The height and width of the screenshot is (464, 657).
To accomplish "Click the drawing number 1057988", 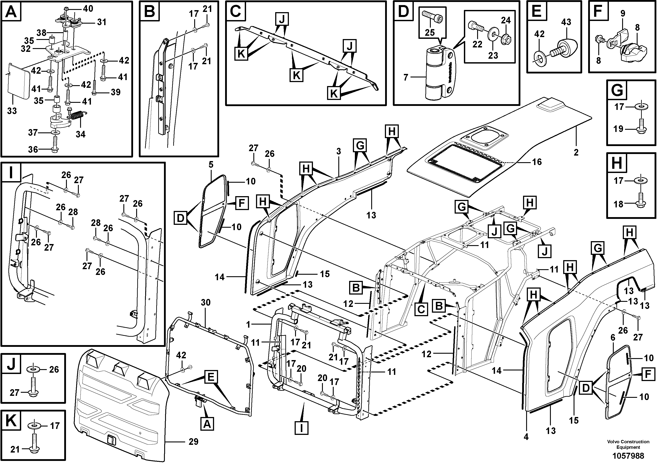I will click(x=628, y=455).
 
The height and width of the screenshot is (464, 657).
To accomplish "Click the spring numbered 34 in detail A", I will click(x=77, y=116).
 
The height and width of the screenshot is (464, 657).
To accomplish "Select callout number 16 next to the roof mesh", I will click(x=537, y=162).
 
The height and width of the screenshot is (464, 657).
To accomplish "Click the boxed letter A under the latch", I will click(x=207, y=424).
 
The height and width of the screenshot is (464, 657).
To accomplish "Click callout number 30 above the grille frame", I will click(x=205, y=302).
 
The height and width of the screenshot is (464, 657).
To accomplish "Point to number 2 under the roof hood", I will click(x=576, y=152).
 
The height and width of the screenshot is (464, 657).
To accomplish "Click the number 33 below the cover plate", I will click(x=12, y=111).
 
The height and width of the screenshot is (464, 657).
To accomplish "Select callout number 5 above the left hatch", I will click(x=211, y=165).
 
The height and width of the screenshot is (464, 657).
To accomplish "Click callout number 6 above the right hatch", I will click(x=613, y=338).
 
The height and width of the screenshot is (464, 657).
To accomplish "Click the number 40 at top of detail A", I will click(x=88, y=9).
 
